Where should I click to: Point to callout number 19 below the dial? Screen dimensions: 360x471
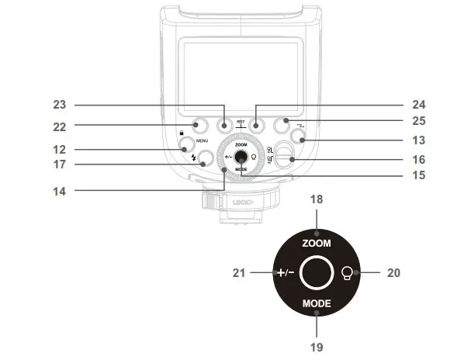pos(317,347)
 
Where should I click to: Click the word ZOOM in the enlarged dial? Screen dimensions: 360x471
pos(317,243)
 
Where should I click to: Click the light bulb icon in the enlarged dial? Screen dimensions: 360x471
pos(349,272)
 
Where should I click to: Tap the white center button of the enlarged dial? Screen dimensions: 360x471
pos(316,272)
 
